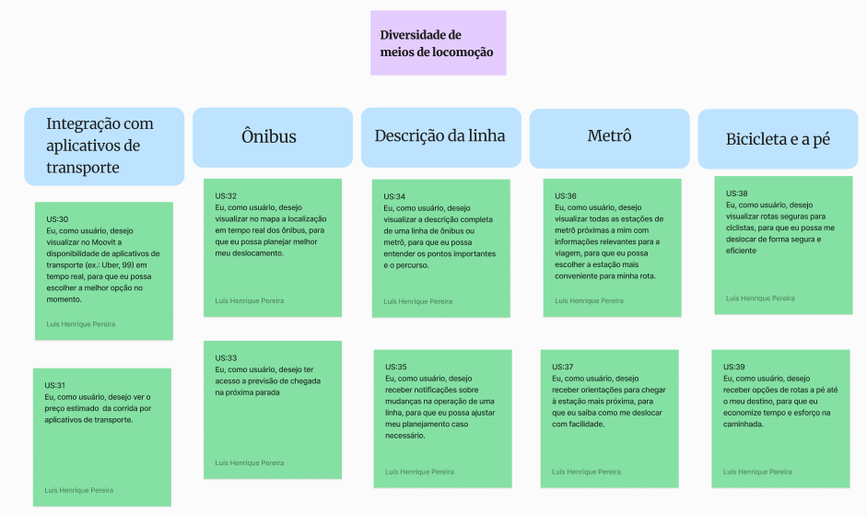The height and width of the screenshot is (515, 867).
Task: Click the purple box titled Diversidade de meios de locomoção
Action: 438,42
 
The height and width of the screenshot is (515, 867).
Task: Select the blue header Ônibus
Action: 273,137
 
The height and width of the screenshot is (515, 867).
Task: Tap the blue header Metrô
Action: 609,138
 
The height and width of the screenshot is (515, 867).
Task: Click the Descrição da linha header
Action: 440,137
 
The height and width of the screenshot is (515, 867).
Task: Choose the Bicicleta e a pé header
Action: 778,139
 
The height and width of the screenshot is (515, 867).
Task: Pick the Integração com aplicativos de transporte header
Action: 104,146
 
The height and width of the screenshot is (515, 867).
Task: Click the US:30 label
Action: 57,219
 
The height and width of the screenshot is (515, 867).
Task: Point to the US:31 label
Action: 54,385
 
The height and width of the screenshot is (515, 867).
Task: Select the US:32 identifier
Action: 226,196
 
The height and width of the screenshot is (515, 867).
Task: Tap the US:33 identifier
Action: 226,357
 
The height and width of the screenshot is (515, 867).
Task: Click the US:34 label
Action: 394,196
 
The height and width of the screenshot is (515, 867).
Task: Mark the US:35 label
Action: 396,367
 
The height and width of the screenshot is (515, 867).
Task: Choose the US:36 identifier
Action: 566,196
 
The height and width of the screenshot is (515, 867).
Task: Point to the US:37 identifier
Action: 562,367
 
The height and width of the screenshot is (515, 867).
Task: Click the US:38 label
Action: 736,193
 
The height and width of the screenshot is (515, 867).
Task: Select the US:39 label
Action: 733,367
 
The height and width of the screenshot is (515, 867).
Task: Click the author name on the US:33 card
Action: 250,463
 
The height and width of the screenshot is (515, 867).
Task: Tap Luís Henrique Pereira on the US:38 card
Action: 760,298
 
